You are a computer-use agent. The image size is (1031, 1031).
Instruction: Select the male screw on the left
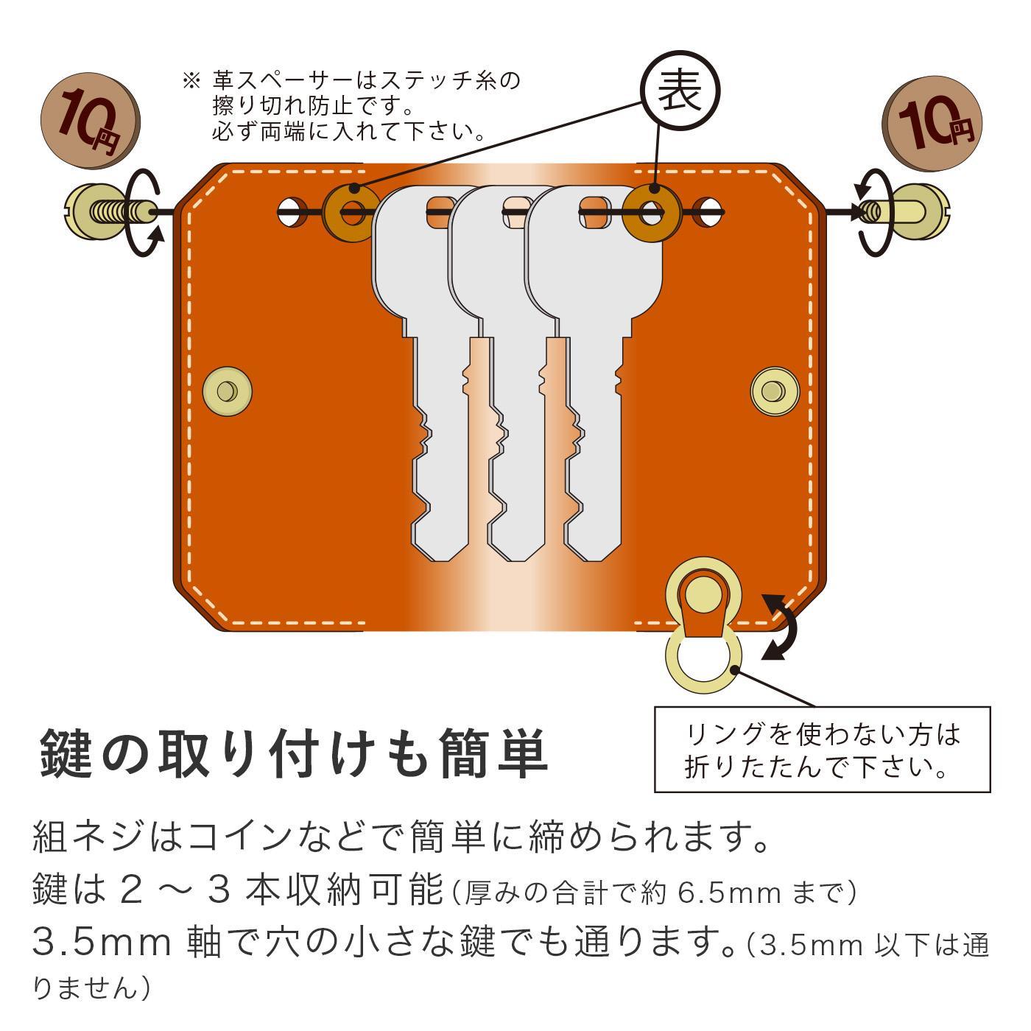[110, 213]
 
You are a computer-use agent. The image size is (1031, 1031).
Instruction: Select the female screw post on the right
[913, 212]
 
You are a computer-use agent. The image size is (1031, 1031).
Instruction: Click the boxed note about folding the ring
[822, 750]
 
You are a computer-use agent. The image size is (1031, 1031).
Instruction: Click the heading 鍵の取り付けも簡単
[293, 753]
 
